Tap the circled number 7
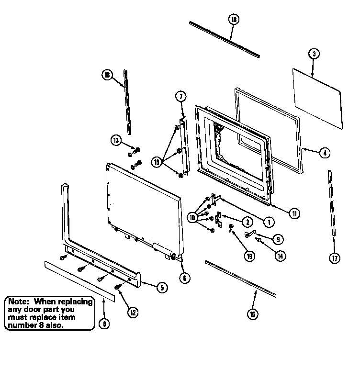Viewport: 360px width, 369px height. [181, 97]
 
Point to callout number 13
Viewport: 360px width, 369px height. [116, 140]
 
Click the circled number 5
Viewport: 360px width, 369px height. [161, 287]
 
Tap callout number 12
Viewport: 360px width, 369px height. [133, 313]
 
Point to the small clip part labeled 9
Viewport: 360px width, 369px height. [249, 234]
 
